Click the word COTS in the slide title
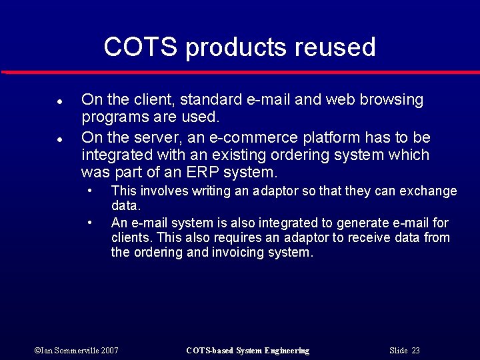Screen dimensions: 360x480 (x=141, y=47)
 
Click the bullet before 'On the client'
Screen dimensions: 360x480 (x=59, y=103)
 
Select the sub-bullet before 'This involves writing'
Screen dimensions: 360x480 (x=91, y=190)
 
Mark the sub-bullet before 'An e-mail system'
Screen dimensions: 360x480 (x=91, y=222)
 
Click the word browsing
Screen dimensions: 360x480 (x=391, y=100)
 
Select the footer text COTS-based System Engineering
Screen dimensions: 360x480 (x=247, y=351)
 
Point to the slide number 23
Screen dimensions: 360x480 (x=415, y=351)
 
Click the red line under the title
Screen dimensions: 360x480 (x=240, y=71)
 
